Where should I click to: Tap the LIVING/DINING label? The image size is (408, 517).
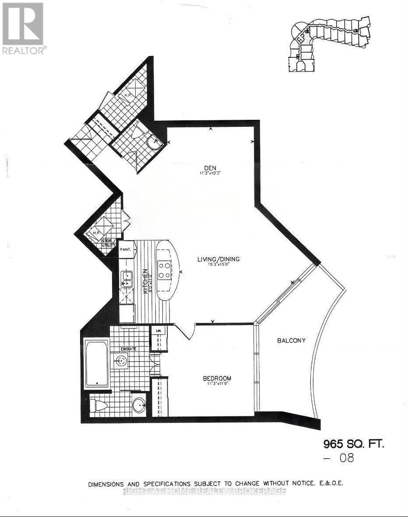coord(218,259)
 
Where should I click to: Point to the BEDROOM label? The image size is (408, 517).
coord(217,378)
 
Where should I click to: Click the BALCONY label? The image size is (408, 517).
coord(291,340)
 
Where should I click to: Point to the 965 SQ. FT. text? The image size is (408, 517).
coord(354,444)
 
